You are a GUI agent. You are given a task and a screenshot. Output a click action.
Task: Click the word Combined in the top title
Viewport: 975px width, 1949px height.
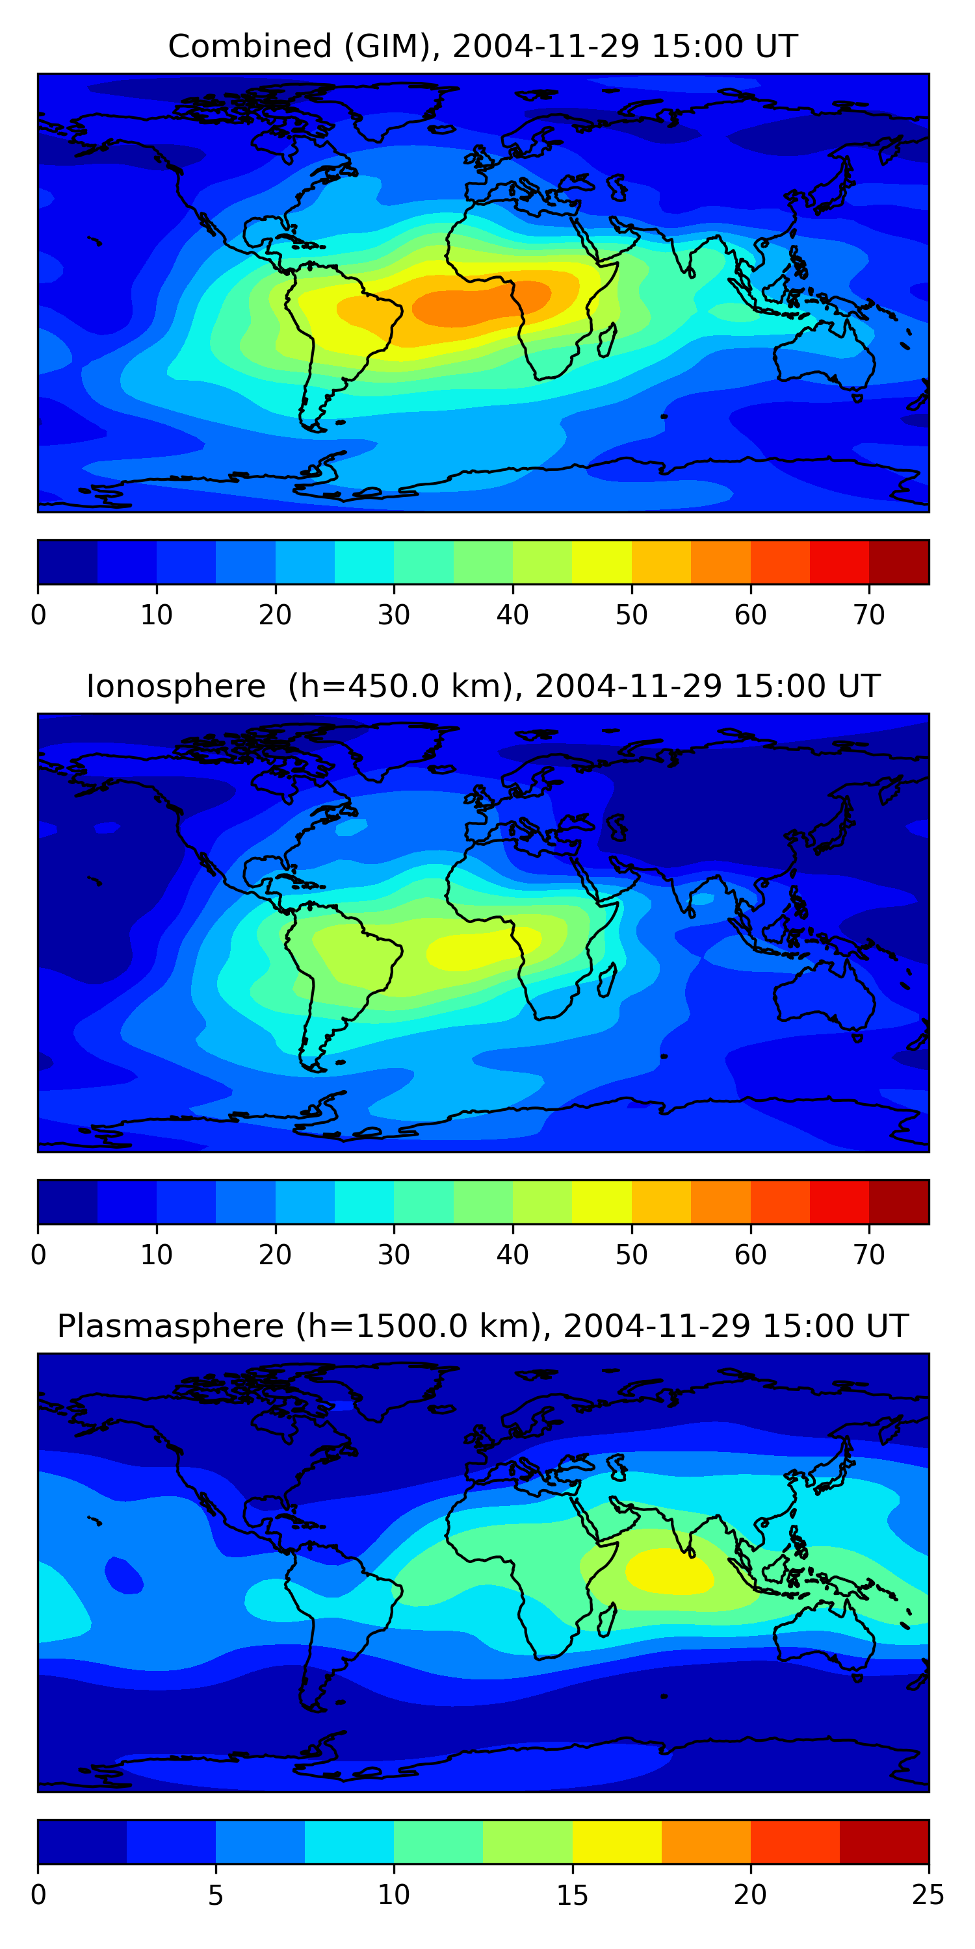[x=249, y=46]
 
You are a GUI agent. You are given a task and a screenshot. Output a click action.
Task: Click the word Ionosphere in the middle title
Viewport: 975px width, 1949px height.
[x=175, y=686]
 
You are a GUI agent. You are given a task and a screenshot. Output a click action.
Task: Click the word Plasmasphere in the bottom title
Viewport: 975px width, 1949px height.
[x=170, y=1327]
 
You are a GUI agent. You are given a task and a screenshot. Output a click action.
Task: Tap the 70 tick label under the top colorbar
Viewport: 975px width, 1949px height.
[x=869, y=615]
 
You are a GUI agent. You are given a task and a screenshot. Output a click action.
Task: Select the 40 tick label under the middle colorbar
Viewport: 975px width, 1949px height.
[x=512, y=1255]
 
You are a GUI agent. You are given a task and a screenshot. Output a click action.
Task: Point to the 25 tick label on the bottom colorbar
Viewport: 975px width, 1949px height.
[x=928, y=1895]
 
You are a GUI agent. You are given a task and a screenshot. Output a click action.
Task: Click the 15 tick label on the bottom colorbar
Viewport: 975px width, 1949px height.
[x=572, y=1895]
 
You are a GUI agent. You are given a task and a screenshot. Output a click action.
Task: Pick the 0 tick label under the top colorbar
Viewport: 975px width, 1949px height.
[x=38, y=615]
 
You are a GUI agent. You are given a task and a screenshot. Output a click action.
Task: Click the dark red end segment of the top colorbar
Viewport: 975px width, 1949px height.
[x=898, y=562]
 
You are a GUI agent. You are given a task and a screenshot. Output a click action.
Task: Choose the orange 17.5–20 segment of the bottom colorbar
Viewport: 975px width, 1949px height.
[x=705, y=1842]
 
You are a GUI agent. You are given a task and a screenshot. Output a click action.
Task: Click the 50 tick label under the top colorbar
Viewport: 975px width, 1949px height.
[x=631, y=615]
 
